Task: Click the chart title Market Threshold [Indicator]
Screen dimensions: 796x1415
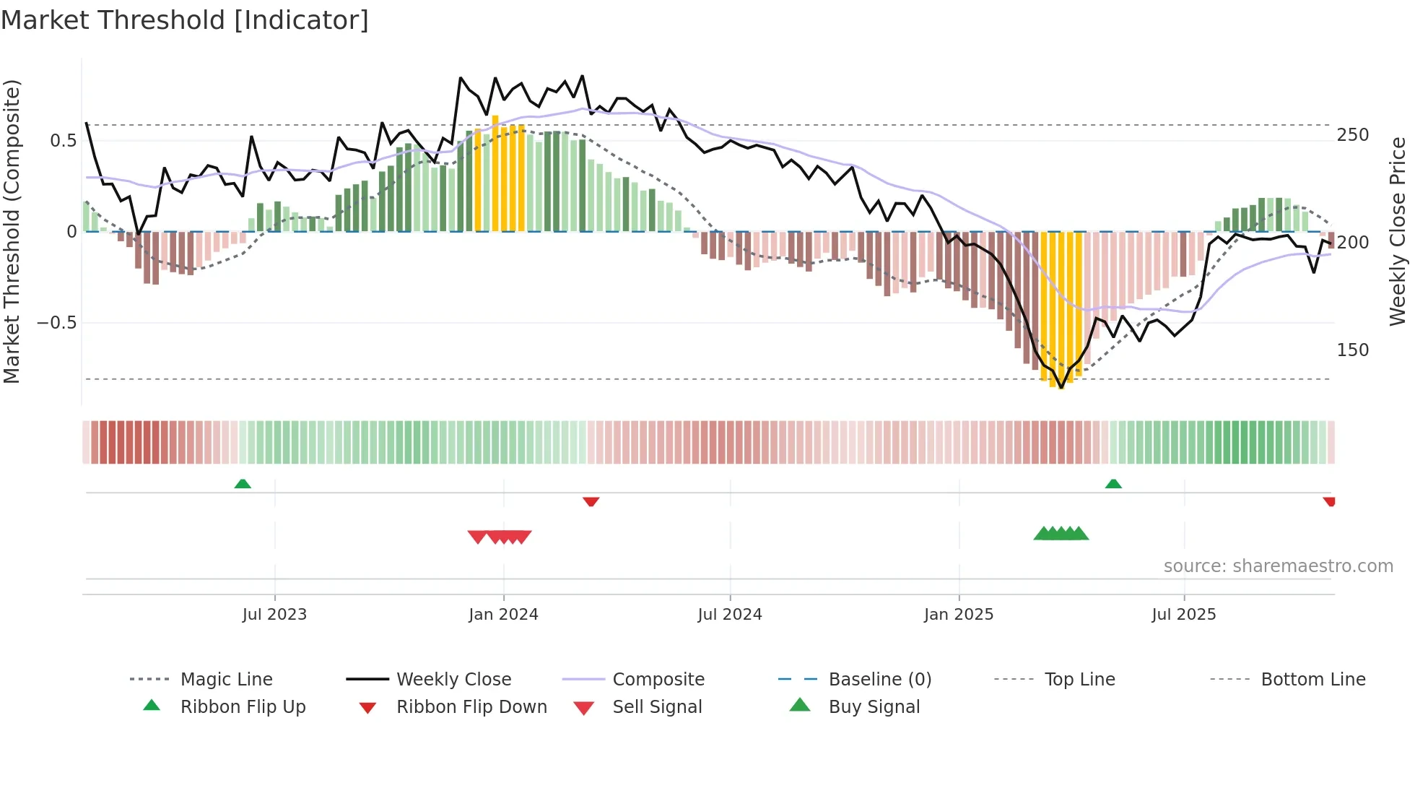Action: [x=185, y=20]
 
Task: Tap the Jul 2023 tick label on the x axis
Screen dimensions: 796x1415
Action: [x=274, y=615]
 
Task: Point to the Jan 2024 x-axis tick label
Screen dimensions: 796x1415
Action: [x=503, y=615]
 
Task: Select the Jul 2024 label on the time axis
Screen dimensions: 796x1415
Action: [x=730, y=615]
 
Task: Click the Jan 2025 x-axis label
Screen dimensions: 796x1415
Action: [x=959, y=615]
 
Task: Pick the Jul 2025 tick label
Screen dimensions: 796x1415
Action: [x=1184, y=615]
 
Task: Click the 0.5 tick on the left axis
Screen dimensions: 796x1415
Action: [x=64, y=141]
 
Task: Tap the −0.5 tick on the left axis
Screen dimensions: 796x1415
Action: [x=57, y=323]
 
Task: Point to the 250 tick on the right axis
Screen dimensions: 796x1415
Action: [x=1353, y=135]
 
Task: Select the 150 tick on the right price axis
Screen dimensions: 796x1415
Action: [x=1353, y=350]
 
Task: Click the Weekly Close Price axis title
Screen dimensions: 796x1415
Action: [x=1398, y=231]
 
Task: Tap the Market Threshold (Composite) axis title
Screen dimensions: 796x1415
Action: [x=12, y=231]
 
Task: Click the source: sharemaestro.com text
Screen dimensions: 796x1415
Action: [x=1278, y=566]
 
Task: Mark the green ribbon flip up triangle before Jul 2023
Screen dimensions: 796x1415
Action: [x=243, y=484]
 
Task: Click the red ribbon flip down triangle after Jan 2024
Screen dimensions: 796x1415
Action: [x=591, y=501]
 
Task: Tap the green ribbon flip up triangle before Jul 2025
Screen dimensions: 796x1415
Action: [x=1113, y=484]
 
